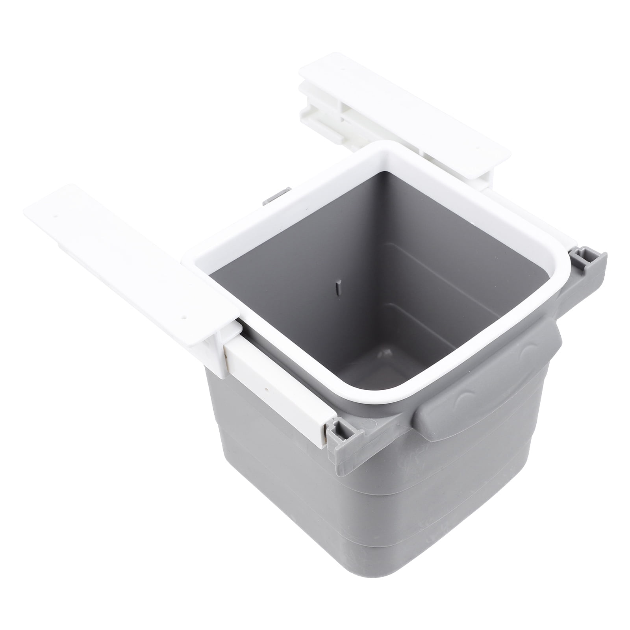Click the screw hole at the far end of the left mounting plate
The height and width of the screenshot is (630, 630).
56,216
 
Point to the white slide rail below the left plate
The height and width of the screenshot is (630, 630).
276,378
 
